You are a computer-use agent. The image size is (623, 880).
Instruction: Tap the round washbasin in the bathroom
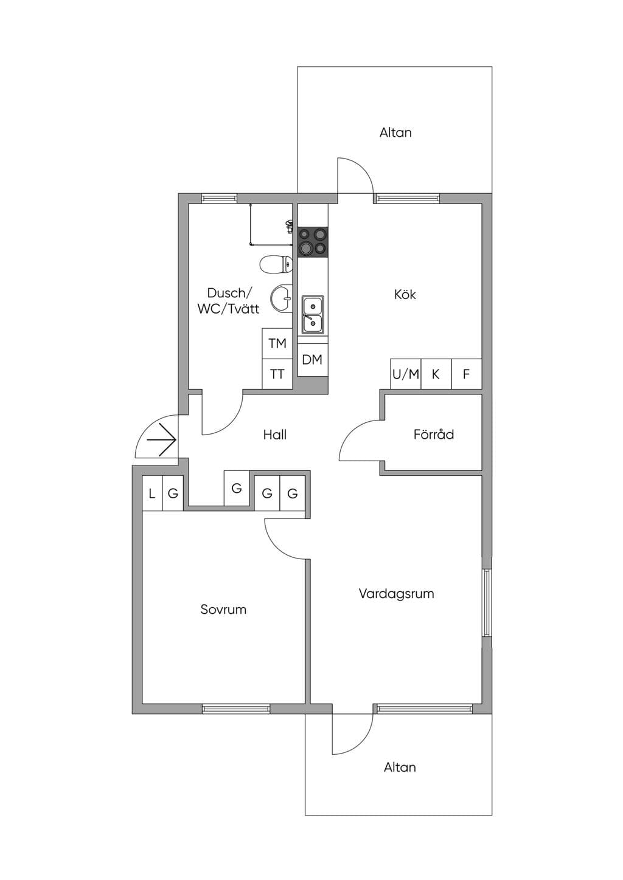[x=282, y=299]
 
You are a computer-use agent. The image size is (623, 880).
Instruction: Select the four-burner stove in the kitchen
[x=313, y=242]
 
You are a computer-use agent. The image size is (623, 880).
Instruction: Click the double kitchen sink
[x=313, y=315]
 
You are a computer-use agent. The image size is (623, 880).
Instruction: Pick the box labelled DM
[x=313, y=360]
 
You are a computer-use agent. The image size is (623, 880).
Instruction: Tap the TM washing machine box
[x=277, y=343]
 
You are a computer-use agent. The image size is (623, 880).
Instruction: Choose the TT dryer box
[x=277, y=374]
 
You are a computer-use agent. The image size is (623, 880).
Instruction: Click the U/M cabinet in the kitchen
[x=406, y=374]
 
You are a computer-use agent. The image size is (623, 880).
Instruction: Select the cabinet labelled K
[x=436, y=374]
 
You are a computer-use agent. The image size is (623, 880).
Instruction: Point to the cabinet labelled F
[x=467, y=374]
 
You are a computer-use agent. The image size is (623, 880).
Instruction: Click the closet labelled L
[x=152, y=493]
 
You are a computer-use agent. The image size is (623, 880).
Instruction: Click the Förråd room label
[x=433, y=434]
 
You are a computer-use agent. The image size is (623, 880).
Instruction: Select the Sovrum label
[x=223, y=610]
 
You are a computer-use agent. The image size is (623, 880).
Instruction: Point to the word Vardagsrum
[x=397, y=594]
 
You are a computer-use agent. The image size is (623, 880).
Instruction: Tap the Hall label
[x=275, y=435]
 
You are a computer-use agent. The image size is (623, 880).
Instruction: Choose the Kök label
[x=405, y=294]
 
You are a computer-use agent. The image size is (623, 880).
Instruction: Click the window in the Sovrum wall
[x=236, y=709]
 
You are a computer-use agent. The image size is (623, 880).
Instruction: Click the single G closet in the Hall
[x=237, y=488]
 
